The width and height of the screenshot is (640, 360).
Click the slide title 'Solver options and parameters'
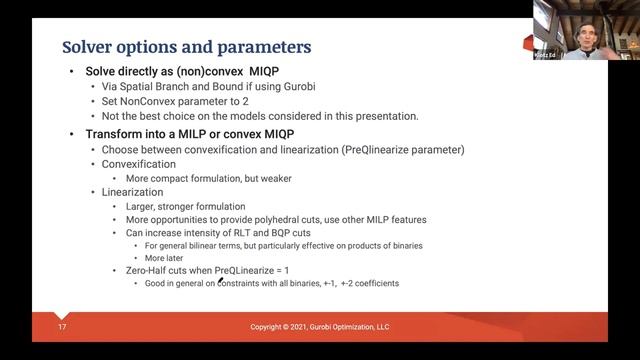186,46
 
